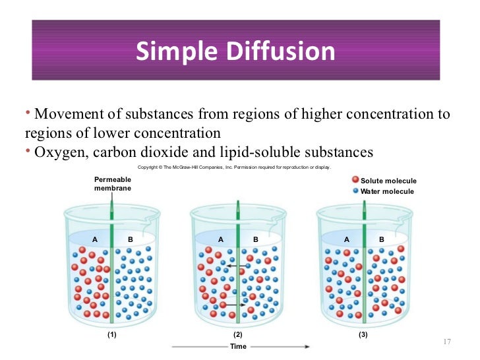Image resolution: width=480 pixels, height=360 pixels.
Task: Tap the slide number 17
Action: point(446,341)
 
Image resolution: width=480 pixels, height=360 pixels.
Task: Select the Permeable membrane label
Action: point(113,183)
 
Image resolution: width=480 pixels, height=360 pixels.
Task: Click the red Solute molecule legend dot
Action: point(355,180)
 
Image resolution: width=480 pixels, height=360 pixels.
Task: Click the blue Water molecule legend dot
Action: point(355,191)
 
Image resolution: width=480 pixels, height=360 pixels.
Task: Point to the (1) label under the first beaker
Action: point(112,335)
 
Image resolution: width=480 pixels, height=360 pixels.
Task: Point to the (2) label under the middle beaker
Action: point(238,335)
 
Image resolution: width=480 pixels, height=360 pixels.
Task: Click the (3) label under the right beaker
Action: point(363,335)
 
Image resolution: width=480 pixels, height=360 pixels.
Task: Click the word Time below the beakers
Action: point(238,346)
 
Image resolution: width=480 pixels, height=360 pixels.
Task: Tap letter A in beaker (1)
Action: point(94,239)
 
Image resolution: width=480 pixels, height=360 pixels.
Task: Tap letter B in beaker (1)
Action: point(131,239)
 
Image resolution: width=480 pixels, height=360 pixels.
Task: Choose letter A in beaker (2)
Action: point(221,239)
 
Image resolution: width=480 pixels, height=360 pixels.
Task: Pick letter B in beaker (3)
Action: point(382,239)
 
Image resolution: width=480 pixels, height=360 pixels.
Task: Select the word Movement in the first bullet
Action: point(65,114)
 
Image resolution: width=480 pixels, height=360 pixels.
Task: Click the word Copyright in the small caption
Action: point(149,167)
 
